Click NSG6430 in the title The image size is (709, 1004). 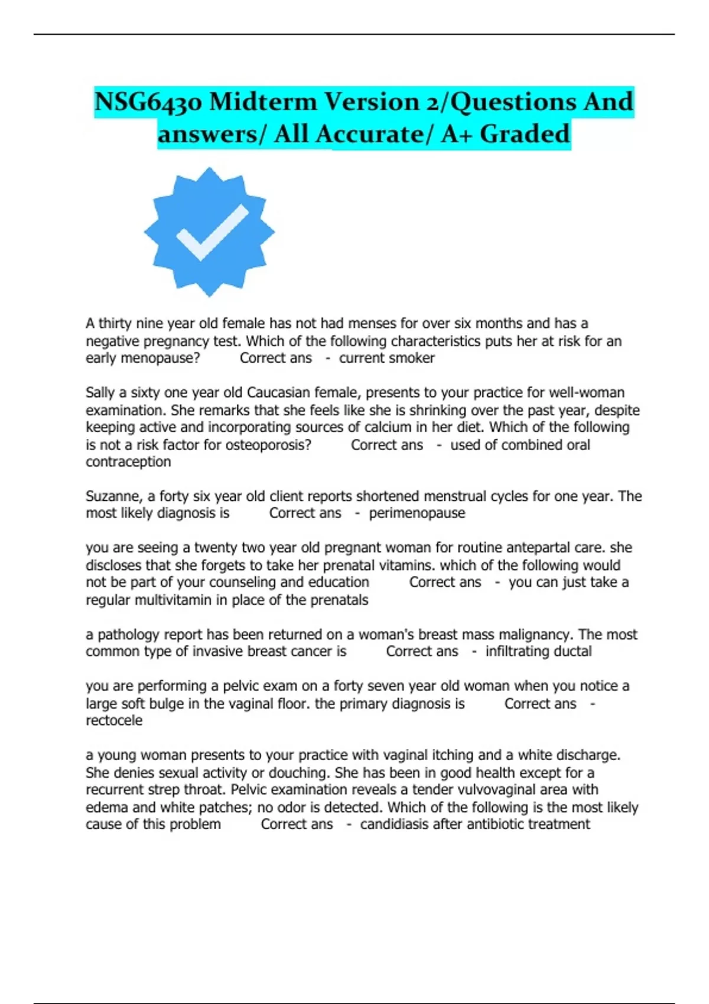click(x=148, y=102)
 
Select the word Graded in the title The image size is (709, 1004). click(x=525, y=133)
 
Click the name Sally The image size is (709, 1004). click(x=100, y=393)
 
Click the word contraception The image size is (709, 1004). click(x=128, y=462)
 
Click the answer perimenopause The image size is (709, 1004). click(x=417, y=513)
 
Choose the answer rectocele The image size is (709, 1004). click(x=114, y=721)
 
